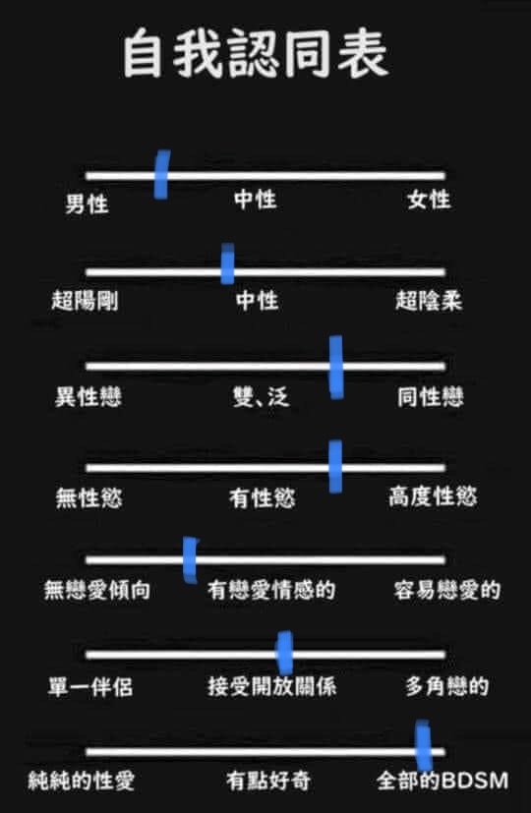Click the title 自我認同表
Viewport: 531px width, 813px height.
click(x=255, y=53)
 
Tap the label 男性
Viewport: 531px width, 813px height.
click(x=88, y=203)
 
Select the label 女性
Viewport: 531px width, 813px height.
click(x=429, y=200)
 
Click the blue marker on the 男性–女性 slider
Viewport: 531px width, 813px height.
click(x=162, y=174)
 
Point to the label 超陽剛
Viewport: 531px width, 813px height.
click(x=85, y=300)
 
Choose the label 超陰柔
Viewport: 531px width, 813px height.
click(x=429, y=300)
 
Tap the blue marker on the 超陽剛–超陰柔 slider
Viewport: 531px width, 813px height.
click(x=227, y=263)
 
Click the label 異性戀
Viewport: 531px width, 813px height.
click(x=88, y=397)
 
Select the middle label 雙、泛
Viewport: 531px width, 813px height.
click(x=261, y=397)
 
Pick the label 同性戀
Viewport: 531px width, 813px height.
click(x=431, y=397)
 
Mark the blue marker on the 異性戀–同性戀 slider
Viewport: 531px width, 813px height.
click(x=336, y=367)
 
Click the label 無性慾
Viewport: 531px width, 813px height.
click(x=89, y=497)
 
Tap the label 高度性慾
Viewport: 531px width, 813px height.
click(x=433, y=496)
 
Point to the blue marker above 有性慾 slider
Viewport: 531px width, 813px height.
click(x=335, y=467)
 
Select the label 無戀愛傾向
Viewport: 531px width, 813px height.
click(x=97, y=590)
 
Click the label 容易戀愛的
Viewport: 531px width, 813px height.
click(x=447, y=590)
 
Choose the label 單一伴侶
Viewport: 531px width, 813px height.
click(x=90, y=687)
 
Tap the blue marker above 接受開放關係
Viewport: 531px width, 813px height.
click(x=285, y=653)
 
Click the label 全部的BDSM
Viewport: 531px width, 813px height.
click(x=442, y=781)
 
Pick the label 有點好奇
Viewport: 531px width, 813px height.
click(x=268, y=781)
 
